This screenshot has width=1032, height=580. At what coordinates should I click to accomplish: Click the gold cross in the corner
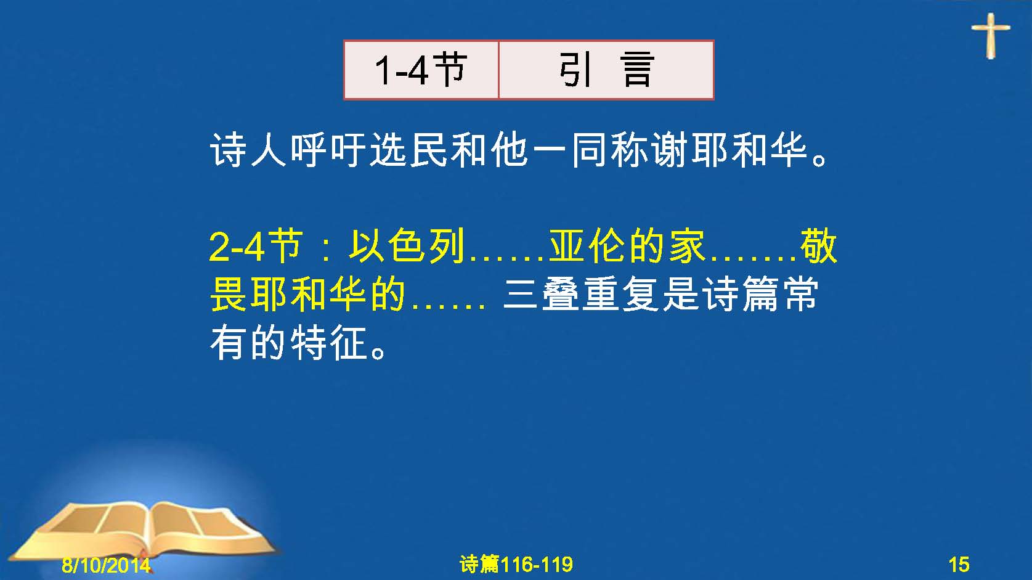tap(991, 36)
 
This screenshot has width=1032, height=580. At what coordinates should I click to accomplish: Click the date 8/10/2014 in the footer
tap(106, 565)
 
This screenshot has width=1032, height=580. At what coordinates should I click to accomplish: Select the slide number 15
tap(959, 565)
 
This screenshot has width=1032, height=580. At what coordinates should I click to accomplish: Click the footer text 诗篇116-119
tap(516, 564)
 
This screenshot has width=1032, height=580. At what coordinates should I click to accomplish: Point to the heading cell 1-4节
tap(421, 70)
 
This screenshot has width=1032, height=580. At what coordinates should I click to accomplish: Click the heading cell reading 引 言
tap(606, 70)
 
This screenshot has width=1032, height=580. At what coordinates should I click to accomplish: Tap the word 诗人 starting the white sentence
tap(250, 150)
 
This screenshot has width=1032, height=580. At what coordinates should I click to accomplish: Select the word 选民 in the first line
tap(409, 150)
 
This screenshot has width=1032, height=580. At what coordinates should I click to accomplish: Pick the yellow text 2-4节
tap(256, 247)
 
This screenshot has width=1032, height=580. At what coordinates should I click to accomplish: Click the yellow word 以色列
tap(406, 247)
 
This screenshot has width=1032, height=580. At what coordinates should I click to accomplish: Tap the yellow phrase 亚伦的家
tap(627, 247)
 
